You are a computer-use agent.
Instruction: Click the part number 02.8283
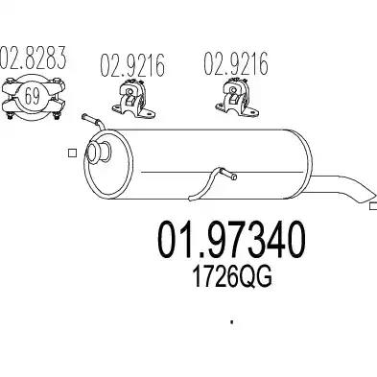[33, 58]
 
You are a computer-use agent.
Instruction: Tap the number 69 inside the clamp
[33, 97]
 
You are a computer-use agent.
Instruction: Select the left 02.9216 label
[132, 65]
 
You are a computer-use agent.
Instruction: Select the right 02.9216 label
[236, 63]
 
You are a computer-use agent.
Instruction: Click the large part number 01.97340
[231, 240]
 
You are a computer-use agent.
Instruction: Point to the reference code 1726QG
[231, 277]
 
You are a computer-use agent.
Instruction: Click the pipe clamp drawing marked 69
[34, 99]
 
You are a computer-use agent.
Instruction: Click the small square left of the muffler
[73, 153]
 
